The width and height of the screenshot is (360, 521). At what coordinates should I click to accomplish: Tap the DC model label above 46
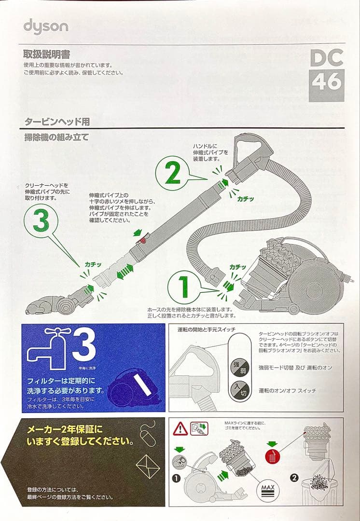click(x=327, y=58)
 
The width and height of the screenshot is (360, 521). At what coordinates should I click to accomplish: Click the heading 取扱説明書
click(x=47, y=54)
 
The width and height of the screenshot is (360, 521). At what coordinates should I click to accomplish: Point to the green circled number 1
click(x=184, y=287)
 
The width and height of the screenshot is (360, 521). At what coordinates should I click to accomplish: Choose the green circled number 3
click(x=41, y=222)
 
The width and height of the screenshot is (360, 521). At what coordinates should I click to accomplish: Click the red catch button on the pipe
click(x=143, y=240)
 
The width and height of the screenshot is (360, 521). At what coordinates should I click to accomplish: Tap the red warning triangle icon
click(x=180, y=428)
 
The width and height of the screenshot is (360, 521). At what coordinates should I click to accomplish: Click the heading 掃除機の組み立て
click(x=56, y=137)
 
